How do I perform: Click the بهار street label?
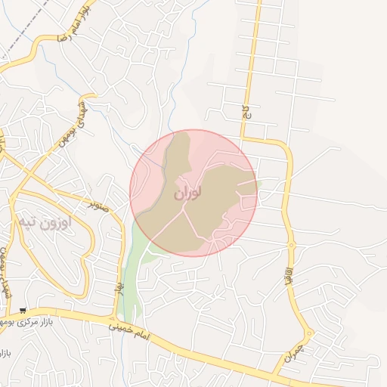(x=119, y=287)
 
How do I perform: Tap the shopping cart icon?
(x=23, y=310)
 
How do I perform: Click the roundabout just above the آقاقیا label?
(x=291, y=245)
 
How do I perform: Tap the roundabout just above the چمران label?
(x=308, y=333)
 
